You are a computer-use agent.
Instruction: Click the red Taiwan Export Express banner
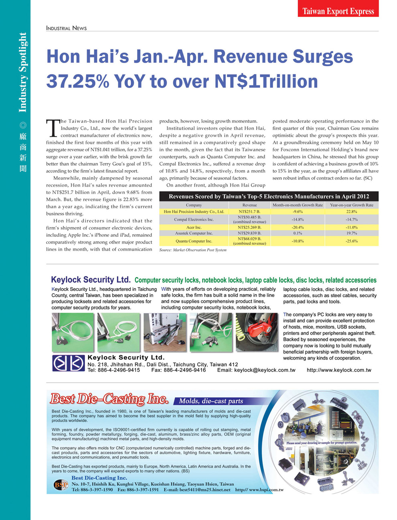(338, 11)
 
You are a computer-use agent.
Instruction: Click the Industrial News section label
(66, 28)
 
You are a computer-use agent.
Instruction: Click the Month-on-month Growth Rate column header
(298, 205)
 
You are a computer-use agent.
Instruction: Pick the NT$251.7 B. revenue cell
(249, 211)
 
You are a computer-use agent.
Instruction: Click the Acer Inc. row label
(194, 227)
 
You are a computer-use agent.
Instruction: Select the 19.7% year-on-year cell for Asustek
(351, 233)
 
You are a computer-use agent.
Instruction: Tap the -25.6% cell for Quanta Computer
(351, 241)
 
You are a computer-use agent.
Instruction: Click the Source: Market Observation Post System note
(193, 250)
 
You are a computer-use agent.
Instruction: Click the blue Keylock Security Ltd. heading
(91, 280)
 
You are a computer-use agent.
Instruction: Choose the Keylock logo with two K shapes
(68, 363)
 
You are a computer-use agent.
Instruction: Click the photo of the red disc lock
(257, 332)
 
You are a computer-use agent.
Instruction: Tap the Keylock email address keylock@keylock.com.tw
(265, 370)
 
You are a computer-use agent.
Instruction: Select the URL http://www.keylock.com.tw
(339, 370)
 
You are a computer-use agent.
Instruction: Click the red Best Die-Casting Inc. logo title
(109, 399)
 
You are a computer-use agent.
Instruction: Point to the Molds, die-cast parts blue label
(211, 401)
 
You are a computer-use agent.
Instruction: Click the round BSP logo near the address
(61, 485)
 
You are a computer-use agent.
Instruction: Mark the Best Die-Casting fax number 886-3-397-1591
(142, 490)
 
